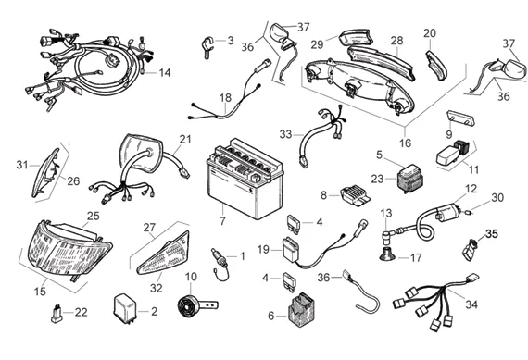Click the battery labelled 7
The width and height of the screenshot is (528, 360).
(x=245, y=179)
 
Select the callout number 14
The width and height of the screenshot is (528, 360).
(x=165, y=73)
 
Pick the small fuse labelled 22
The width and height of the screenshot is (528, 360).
(x=57, y=314)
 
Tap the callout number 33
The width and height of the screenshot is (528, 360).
(x=285, y=134)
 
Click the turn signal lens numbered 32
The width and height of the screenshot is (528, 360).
(x=164, y=253)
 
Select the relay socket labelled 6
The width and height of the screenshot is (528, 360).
(x=300, y=309)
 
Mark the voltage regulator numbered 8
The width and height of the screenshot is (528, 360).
(x=356, y=196)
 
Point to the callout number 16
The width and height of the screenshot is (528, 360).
(x=406, y=143)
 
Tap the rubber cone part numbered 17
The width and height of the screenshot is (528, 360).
(x=388, y=254)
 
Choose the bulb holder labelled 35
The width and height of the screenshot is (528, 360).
(x=470, y=250)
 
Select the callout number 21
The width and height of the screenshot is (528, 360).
(x=185, y=140)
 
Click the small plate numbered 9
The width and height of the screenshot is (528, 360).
(x=460, y=118)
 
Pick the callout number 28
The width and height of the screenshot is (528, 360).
(x=397, y=41)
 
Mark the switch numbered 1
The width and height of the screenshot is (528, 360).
(x=220, y=263)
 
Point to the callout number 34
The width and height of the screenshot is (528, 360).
(x=471, y=304)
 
